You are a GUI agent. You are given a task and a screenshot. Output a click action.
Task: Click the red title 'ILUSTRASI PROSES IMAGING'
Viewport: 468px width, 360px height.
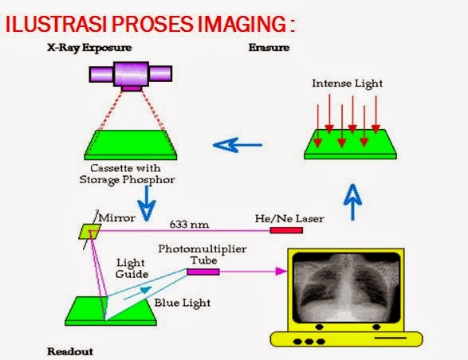150,24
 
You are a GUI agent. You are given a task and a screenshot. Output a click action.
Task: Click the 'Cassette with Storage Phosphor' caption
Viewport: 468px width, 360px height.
130,174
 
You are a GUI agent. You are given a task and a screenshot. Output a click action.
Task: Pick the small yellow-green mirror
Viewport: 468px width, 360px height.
88,230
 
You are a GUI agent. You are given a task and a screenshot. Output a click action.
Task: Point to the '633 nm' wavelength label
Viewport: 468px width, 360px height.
183,223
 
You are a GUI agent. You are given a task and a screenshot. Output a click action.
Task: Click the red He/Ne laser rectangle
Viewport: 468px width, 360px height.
286,230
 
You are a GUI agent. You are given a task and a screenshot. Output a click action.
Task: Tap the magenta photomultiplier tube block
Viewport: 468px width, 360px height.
203,272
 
